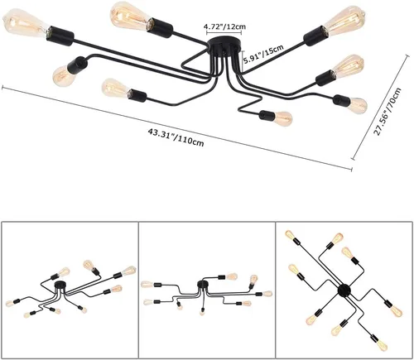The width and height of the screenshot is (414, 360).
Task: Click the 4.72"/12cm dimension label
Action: click(x=224, y=26)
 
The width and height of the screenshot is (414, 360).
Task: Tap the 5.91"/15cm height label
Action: click(x=263, y=55)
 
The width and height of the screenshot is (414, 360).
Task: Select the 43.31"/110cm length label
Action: click(x=176, y=137)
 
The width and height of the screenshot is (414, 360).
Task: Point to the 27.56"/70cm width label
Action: click(x=387, y=112)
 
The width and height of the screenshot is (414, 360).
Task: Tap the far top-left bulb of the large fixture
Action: click(x=26, y=24)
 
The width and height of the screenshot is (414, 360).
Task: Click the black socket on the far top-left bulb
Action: click(x=60, y=36)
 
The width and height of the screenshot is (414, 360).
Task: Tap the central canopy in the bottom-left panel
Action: click(x=60, y=285)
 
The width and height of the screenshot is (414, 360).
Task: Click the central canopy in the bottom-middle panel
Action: click(x=202, y=284)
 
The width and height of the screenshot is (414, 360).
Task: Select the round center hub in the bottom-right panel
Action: click(x=344, y=290)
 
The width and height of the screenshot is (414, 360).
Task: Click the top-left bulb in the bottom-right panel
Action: click(x=291, y=236)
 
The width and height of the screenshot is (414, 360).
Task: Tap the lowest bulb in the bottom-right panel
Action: click(x=382, y=343)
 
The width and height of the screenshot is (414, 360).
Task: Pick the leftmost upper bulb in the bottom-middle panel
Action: click(x=147, y=284)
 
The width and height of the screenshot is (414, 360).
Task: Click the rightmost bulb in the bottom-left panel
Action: click(x=129, y=270)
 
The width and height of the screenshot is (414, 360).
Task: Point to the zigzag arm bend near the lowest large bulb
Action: click(x=250, y=105)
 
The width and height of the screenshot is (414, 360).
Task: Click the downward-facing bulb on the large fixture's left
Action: click(x=64, y=76)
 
